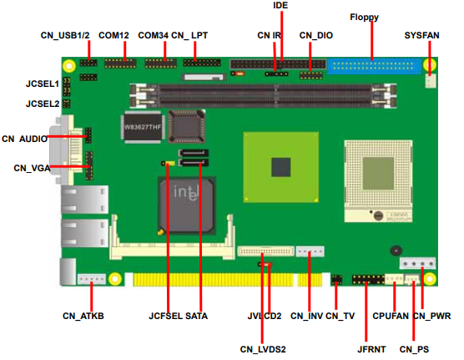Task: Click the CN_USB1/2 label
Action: pyautogui.click(x=65, y=35)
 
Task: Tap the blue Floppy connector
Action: pyautogui.click(x=375, y=67)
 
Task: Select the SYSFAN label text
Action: pyautogui.click(x=421, y=35)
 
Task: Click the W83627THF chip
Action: pyautogui.click(x=143, y=127)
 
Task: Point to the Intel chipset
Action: pyautogui.click(x=186, y=206)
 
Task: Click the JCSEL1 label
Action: pyautogui.click(x=43, y=84)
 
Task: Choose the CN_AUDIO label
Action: pyautogui.click(x=24, y=139)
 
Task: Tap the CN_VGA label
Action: pyautogui.click(x=32, y=168)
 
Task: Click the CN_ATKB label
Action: pyautogui.click(x=83, y=316)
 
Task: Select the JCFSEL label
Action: pyautogui.click(x=165, y=316)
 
